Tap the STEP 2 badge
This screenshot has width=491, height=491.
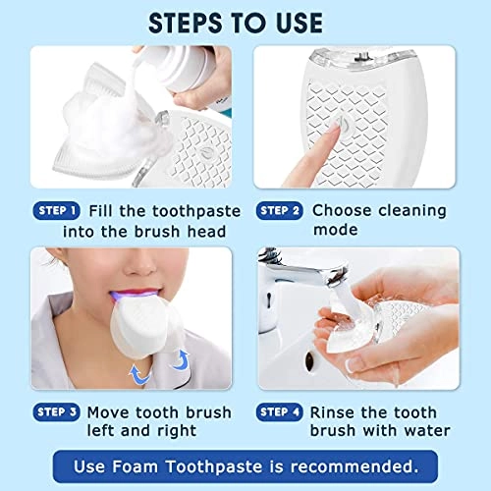[279, 209]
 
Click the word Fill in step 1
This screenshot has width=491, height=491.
[104, 210]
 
